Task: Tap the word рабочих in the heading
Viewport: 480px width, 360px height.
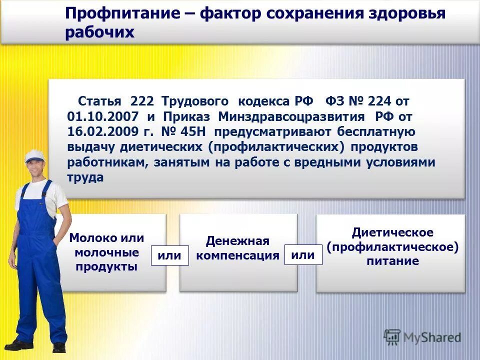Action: [99, 32]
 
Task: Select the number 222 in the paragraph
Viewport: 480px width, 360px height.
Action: [143, 101]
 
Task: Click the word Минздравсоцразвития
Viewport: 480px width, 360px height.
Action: [294, 116]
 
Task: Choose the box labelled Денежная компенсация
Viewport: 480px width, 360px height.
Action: [238, 248]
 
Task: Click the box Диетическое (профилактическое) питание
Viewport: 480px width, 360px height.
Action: [392, 247]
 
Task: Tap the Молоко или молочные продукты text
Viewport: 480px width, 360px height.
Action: [106, 252]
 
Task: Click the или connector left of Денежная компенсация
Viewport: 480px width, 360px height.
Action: [169, 255]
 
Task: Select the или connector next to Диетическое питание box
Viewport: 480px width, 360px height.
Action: [303, 255]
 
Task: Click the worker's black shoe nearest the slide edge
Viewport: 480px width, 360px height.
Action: [18, 344]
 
